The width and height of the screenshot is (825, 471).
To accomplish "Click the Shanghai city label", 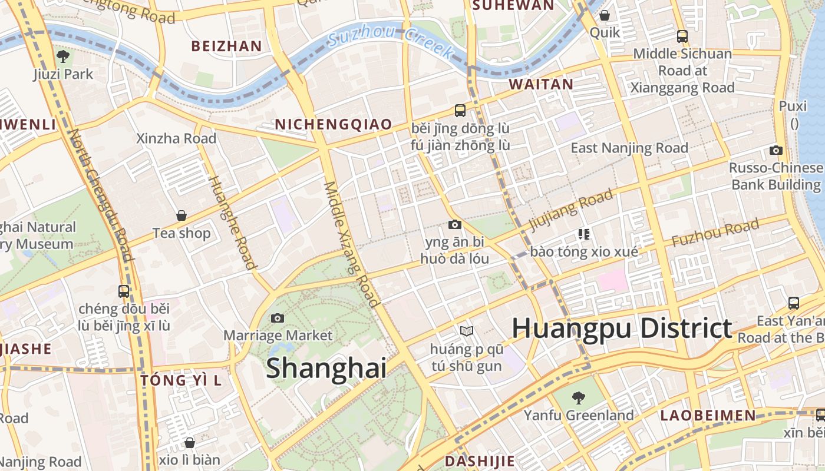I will [x=326, y=368].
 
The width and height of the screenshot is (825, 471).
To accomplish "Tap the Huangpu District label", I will [x=622, y=328].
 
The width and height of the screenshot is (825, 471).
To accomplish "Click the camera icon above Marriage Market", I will [x=278, y=318].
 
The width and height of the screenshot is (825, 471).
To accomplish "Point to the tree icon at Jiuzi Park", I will [x=63, y=57].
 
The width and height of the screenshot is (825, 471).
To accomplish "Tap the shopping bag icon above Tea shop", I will [x=181, y=215].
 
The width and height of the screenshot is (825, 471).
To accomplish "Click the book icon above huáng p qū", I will [x=467, y=331].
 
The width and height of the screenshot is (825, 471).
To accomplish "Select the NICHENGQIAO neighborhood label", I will [x=334, y=124].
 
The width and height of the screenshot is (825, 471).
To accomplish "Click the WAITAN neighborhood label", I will [x=541, y=84].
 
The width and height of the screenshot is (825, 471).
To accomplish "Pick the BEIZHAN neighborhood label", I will [x=227, y=46].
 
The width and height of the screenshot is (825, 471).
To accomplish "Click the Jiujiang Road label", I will [x=571, y=210].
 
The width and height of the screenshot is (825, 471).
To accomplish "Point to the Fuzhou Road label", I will [x=715, y=233].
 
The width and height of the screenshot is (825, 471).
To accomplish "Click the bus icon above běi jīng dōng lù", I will [x=460, y=110].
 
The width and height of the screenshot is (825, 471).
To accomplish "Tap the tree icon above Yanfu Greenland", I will [x=579, y=397].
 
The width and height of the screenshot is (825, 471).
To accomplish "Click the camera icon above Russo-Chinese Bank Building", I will [x=776, y=150].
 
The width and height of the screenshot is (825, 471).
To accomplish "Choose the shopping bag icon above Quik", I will [x=605, y=15].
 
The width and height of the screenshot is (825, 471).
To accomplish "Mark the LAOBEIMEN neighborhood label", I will [x=708, y=415].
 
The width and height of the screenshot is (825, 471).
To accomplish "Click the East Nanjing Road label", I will [x=629, y=148].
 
